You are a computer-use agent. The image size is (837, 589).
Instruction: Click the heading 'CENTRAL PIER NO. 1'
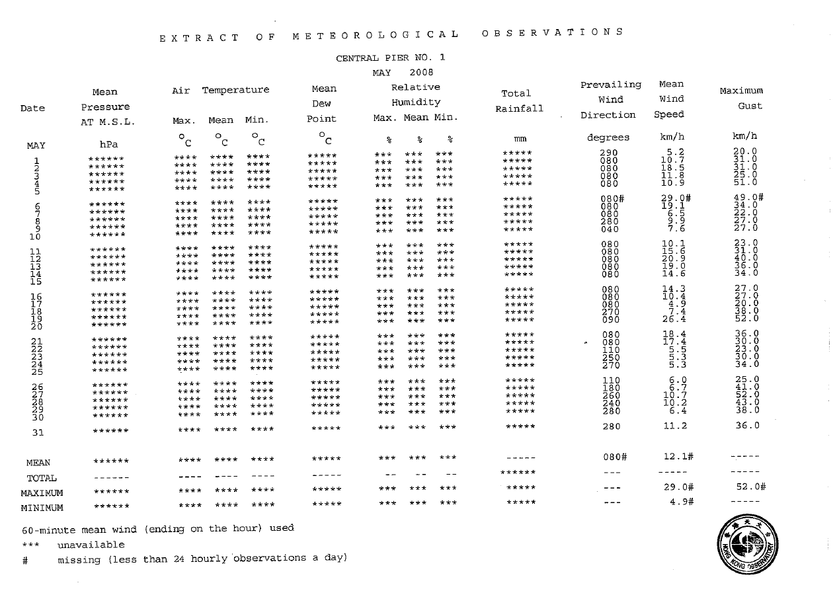391,58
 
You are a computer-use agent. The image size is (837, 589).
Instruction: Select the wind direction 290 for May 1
609,153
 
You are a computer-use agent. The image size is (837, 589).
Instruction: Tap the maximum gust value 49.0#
744,198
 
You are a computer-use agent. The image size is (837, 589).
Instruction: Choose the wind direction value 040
610,229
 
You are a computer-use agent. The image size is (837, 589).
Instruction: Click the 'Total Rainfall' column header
519,100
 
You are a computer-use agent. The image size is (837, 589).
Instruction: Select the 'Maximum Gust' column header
741,98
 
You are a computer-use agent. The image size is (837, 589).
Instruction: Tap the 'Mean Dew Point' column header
323,104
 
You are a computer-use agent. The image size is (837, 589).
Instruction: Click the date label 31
38,433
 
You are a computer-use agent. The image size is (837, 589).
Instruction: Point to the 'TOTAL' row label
41,478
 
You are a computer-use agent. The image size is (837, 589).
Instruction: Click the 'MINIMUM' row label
42,508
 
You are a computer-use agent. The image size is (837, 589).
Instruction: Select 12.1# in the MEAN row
677,457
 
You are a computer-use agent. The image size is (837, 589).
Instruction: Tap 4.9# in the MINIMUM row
680,502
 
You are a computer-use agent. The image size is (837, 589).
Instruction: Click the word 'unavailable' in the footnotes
91,545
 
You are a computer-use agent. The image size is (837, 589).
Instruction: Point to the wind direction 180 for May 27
611,388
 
